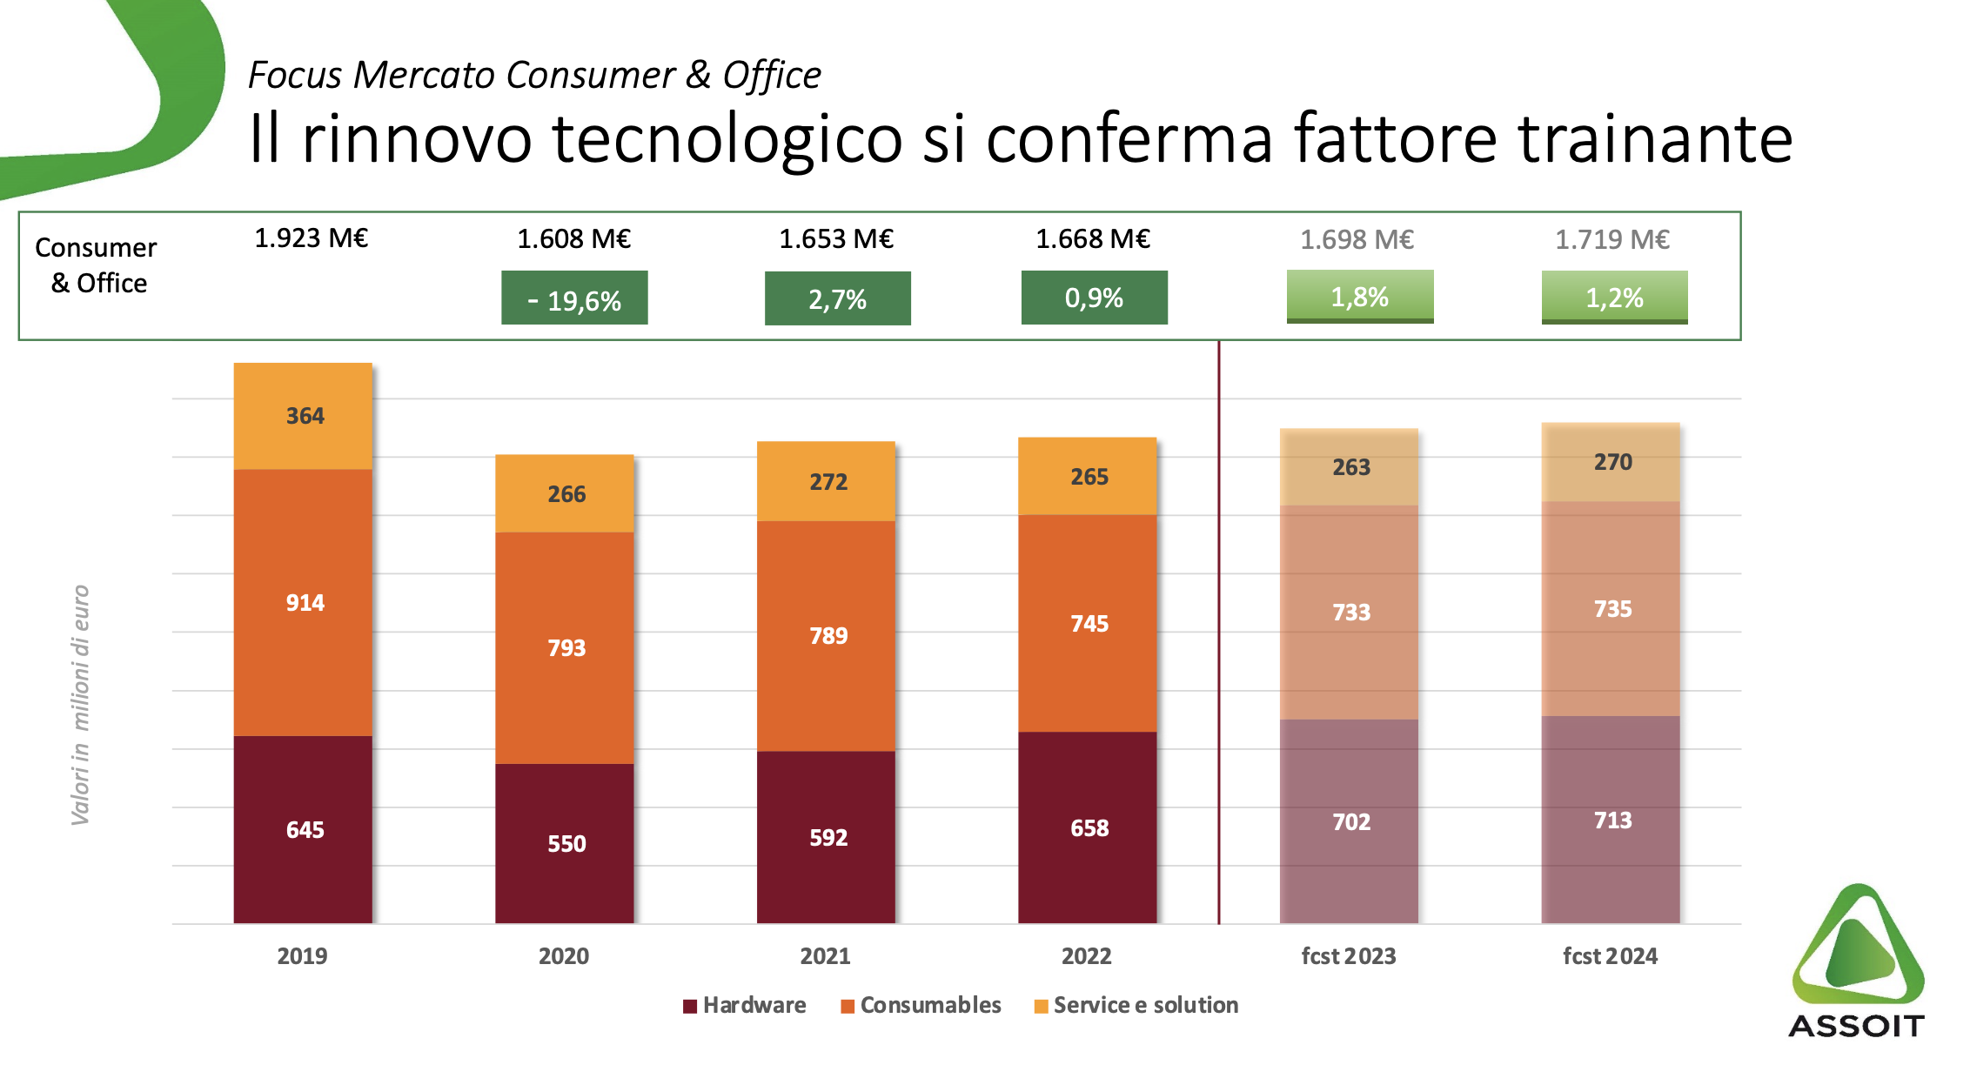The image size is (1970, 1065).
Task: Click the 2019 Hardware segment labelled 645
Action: [x=303, y=829]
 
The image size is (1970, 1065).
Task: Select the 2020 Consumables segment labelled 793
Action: [x=565, y=647]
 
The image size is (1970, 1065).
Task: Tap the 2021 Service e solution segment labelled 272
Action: [x=827, y=481]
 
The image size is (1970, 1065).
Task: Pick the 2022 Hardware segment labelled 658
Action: [x=1088, y=827]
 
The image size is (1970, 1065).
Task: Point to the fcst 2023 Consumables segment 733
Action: [x=1350, y=613]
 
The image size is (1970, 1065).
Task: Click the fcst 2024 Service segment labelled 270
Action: [x=1612, y=462]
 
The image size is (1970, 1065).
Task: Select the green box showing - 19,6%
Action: [x=574, y=298]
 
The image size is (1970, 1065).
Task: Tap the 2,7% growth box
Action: [x=837, y=298]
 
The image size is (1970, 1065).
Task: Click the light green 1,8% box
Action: [x=1359, y=297]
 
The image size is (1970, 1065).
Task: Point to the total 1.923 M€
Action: [x=311, y=238]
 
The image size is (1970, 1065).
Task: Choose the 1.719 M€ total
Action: [x=1612, y=239]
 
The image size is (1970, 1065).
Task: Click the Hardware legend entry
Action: [x=745, y=1006]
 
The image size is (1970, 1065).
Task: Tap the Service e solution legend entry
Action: [x=1136, y=1006]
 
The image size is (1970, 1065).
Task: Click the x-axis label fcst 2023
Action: [x=1348, y=956]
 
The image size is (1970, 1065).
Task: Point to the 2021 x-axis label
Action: [x=825, y=956]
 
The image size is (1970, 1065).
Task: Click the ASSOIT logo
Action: [x=1857, y=961]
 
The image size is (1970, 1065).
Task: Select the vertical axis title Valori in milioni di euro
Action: [x=80, y=705]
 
